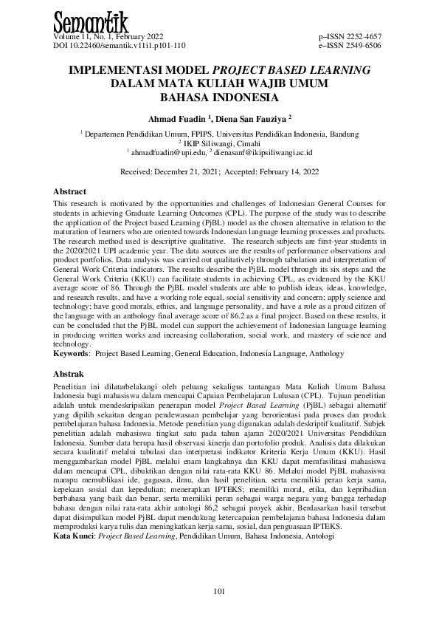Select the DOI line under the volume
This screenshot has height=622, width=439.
pos(117,45)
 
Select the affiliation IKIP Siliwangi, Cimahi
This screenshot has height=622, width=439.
pos(221,143)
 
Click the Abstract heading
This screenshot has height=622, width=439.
pos(70,191)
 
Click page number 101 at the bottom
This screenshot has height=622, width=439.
pos(219,590)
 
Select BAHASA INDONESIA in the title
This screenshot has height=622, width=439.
pos(219,97)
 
